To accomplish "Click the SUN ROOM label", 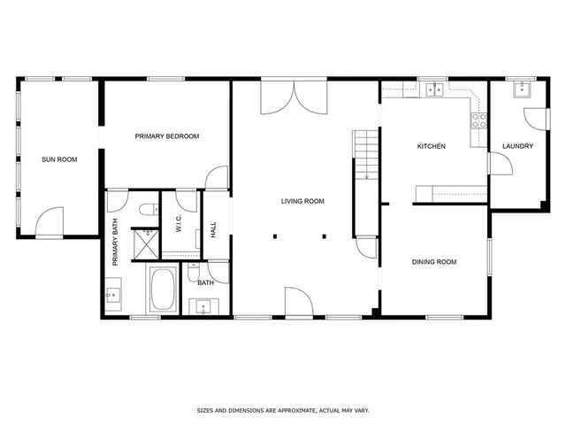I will (x=59, y=160).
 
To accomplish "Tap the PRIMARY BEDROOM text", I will (x=166, y=136).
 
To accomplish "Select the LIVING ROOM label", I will (x=302, y=202).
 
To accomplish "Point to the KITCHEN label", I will (x=432, y=146).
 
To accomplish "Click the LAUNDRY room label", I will (x=517, y=146).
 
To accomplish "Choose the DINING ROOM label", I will (x=434, y=262).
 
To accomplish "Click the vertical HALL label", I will (x=213, y=230).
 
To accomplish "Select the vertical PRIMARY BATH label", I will (x=115, y=242).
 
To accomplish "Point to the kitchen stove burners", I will (x=479, y=120).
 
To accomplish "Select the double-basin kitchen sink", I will (x=434, y=89).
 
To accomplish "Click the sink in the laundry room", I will (x=521, y=89).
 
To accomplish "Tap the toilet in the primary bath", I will (x=147, y=211).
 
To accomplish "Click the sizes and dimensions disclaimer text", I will (x=282, y=411).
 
